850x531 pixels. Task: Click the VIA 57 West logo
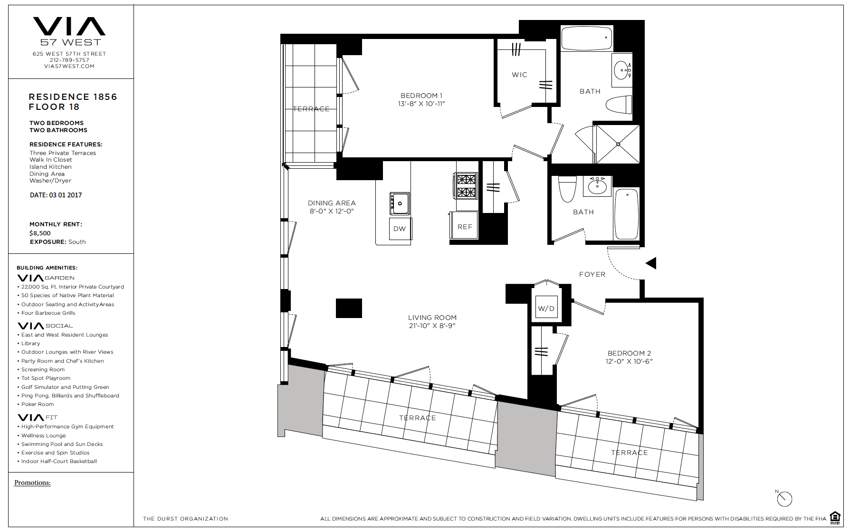(69, 32)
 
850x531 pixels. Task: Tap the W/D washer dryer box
(546, 308)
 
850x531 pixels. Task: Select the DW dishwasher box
(400, 229)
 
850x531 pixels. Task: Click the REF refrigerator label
(465, 227)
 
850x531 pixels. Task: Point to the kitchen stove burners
(466, 185)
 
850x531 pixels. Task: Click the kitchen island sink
(400, 203)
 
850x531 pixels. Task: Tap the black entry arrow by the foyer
(651, 263)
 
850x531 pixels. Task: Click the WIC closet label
(519, 75)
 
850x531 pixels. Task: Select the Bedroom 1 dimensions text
(421, 104)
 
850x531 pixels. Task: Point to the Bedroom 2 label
(629, 353)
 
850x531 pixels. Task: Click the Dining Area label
(332, 203)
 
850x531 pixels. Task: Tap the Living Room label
(432, 318)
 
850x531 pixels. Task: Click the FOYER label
(592, 274)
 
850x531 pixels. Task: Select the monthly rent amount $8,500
(40, 233)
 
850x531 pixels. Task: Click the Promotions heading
(32, 483)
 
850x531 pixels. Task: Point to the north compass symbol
(784, 498)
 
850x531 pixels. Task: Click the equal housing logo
(835, 518)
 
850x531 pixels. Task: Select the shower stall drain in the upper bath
(618, 144)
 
